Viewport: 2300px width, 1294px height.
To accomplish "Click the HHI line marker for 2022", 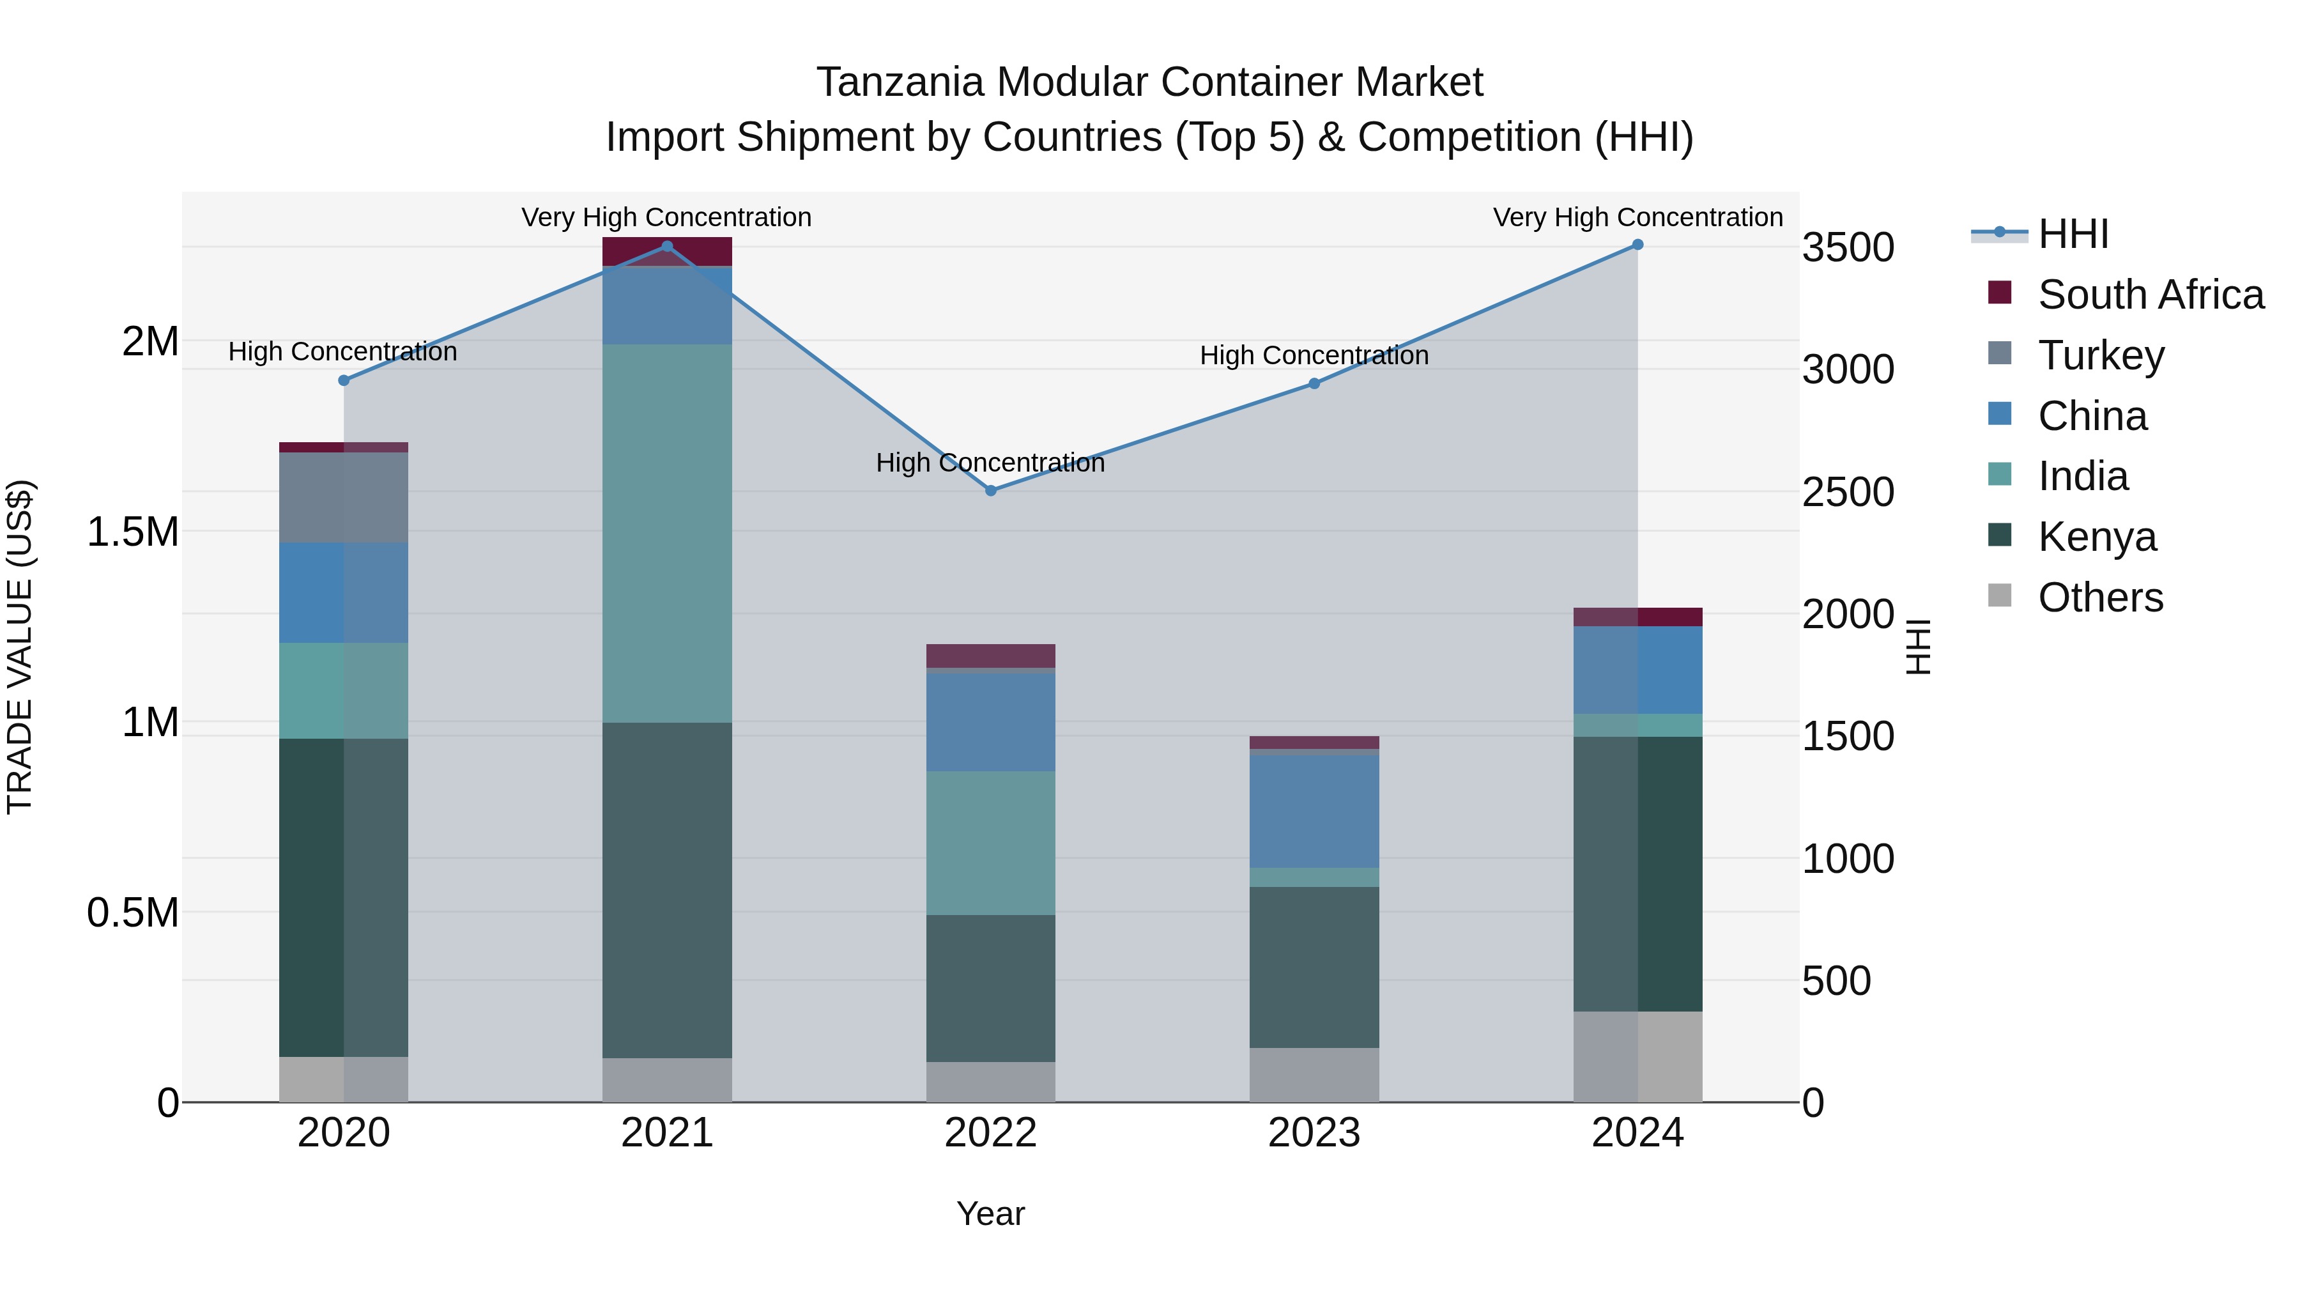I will [990, 490].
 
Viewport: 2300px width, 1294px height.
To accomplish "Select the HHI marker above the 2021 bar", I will [667, 247].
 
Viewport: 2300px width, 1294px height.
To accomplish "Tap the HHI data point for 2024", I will [1637, 245].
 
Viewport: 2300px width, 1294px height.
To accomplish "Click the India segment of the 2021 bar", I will [667, 533].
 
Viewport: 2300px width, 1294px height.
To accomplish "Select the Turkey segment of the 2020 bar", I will [344, 497].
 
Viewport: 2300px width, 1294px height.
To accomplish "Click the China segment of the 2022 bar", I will [990, 721].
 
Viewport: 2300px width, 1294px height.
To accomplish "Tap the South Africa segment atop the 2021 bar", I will [667, 252].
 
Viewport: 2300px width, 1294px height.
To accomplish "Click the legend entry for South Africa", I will [2150, 295].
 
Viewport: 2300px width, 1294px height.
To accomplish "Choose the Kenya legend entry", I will [2096, 537].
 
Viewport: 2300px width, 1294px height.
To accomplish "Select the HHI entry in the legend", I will [2073, 234].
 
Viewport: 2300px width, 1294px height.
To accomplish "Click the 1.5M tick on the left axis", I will [132, 532].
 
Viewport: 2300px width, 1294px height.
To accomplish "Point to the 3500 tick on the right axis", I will [1847, 247].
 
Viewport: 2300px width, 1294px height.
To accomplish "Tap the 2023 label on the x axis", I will [1314, 1133].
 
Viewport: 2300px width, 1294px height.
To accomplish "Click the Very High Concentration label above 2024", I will [1637, 217].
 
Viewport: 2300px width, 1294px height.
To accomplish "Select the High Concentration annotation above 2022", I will [990, 463].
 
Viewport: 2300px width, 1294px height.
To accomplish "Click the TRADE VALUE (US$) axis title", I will [20, 647].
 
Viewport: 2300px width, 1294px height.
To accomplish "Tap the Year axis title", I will [990, 1213].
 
